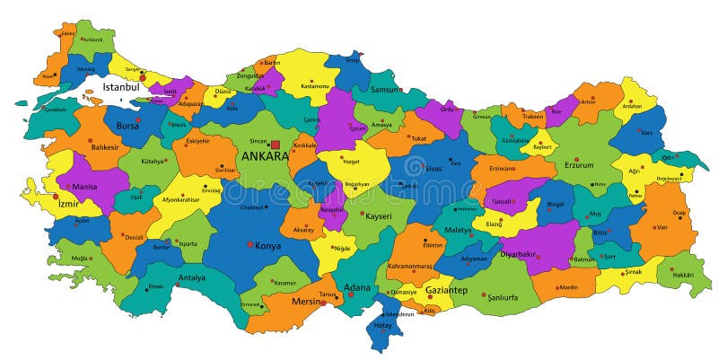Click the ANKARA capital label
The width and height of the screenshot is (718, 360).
(264, 156)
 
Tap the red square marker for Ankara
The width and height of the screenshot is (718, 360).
(276, 145)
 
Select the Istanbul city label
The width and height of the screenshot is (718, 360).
(122, 87)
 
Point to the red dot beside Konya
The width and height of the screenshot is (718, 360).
(250, 245)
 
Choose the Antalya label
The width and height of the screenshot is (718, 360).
(191, 277)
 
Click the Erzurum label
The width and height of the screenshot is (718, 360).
(579, 164)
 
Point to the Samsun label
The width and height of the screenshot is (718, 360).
(386, 89)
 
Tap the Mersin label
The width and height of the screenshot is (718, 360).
(307, 302)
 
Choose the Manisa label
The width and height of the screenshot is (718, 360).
(84, 187)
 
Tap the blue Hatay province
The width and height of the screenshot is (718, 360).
(384, 330)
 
